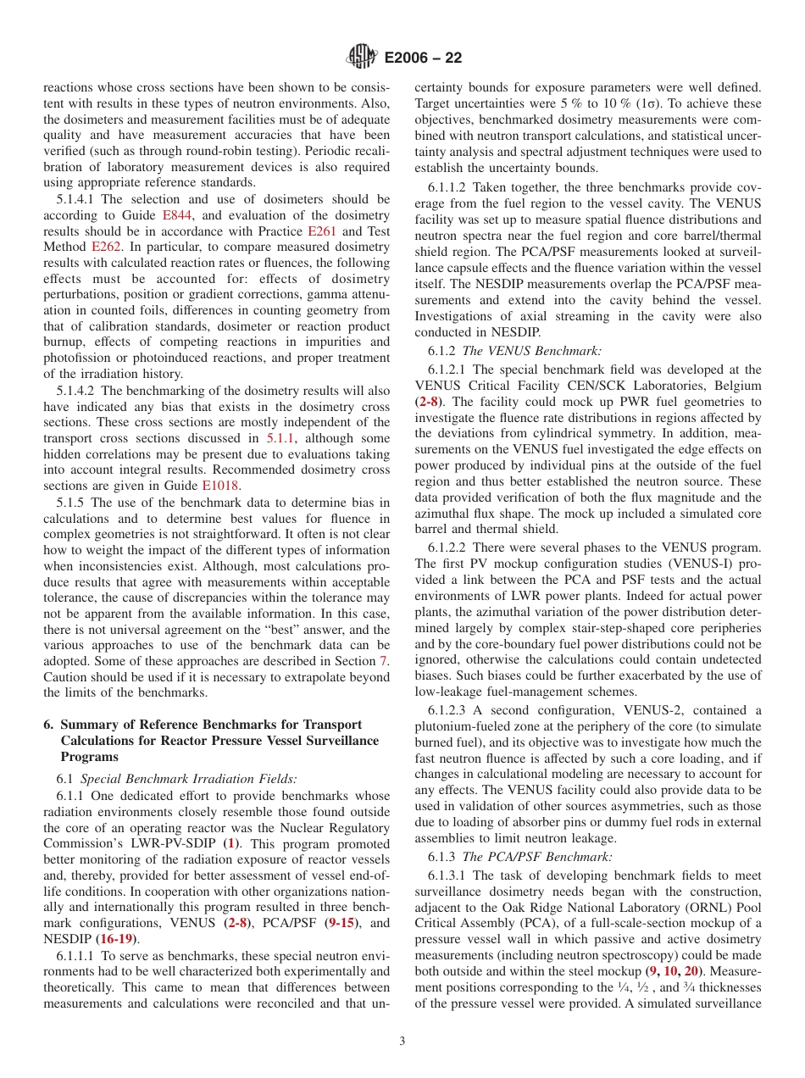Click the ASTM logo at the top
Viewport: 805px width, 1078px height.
[363, 58]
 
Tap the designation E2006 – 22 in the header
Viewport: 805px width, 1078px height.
[423, 58]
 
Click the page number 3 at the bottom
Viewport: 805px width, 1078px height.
[402, 1042]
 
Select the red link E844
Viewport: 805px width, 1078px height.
[175, 215]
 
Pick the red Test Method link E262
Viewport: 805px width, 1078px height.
[106, 247]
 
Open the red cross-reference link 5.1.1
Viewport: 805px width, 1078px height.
[280, 438]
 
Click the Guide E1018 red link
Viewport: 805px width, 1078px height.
[219, 486]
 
